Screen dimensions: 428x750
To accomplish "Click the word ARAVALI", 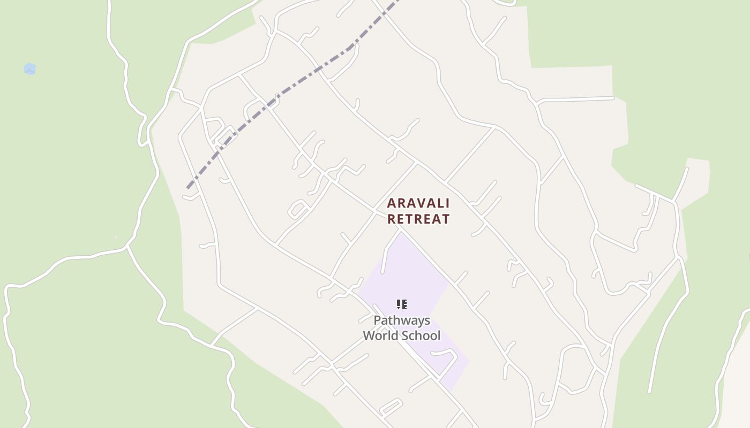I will point(418,203).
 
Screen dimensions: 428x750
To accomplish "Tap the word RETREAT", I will point(418,219).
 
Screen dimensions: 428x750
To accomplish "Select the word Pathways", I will point(401,320).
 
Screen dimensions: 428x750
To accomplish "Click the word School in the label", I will point(422,336).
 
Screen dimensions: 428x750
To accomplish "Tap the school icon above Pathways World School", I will point(401,304).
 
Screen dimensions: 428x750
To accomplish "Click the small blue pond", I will point(30,69).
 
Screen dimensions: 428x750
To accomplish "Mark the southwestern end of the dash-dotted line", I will point(187,188).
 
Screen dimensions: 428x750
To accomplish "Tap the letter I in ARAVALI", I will point(447,203).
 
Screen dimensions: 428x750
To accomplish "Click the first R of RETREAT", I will point(392,219).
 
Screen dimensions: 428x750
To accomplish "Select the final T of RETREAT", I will point(445,219).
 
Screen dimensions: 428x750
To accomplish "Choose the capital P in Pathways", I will point(377,320).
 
